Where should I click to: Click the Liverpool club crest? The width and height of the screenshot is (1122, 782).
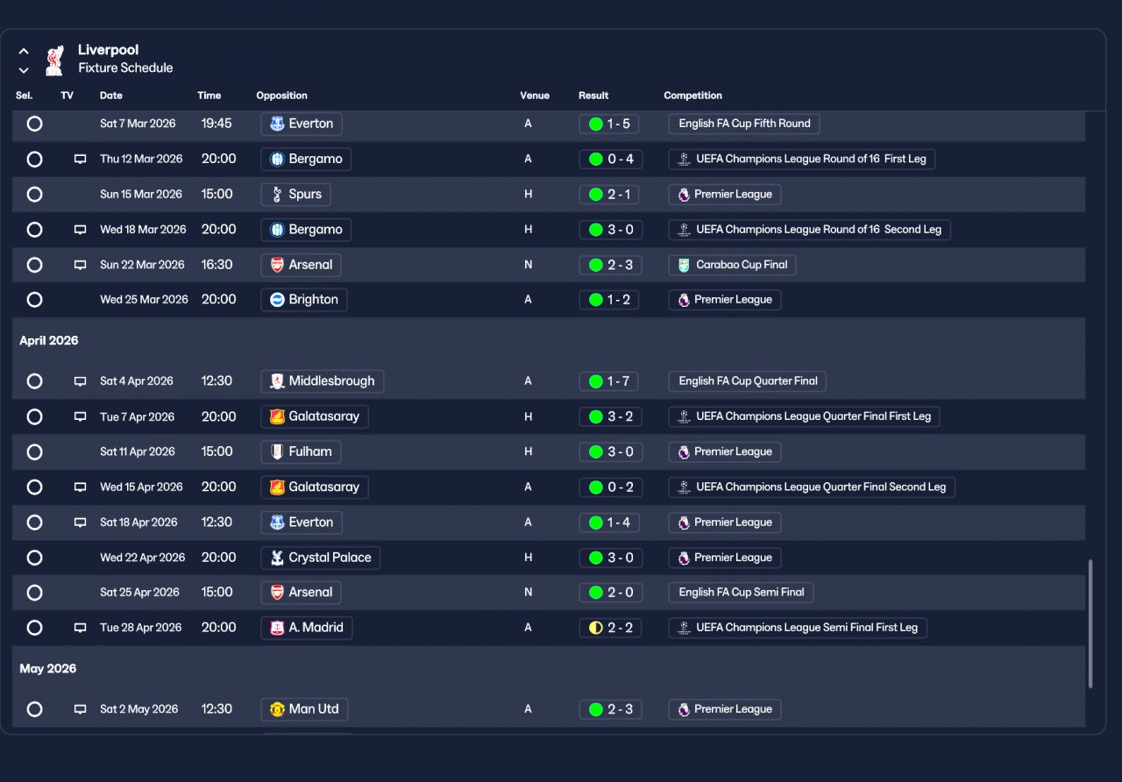coord(54,60)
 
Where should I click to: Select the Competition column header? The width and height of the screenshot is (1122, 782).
coord(692,96)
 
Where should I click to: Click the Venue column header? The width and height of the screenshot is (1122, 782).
coord(535,96)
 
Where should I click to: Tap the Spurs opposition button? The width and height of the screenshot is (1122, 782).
coord(295,195)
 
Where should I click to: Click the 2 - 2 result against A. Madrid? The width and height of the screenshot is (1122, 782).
coord(611,628)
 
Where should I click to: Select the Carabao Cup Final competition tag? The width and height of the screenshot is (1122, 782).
coord(732,265)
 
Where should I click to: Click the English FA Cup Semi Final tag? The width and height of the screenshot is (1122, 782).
coord(741,592)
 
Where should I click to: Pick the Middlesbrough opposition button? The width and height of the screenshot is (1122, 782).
coord(322,381)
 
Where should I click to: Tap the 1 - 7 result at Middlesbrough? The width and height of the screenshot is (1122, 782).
coord(609,381)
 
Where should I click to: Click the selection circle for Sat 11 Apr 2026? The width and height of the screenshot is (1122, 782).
coord(34,452)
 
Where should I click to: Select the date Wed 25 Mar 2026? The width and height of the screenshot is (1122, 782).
coord(144,300)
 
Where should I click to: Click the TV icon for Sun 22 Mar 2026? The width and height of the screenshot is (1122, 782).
coord(80,265)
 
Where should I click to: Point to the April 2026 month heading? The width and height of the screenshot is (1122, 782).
coord(48,341)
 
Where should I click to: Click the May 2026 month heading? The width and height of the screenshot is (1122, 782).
coord(47,669)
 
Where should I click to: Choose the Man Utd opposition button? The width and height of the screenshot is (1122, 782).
coord(304,709)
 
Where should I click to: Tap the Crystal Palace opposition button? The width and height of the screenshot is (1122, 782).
coord(320,558)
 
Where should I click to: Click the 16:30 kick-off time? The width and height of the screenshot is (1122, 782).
coord(217,265)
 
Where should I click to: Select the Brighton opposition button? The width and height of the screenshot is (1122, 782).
coord(304,300)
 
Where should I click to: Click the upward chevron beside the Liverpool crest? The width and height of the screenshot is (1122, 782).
coord(24,51)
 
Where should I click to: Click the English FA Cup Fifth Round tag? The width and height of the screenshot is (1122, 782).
coord(744,124)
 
